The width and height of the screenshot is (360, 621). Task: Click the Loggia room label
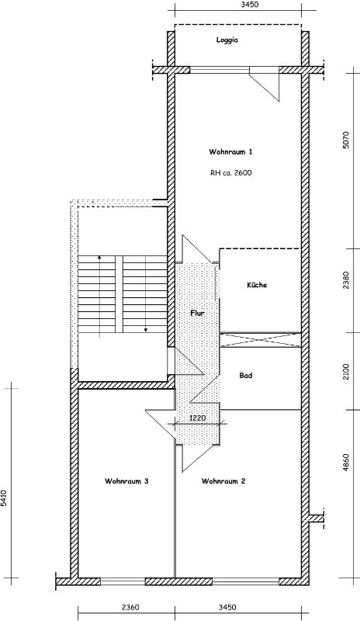coord(227,40)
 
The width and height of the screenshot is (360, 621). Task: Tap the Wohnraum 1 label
coord(230,151)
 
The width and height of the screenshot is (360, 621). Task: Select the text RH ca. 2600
coord(231,172)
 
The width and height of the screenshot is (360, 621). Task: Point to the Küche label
coord(257,285)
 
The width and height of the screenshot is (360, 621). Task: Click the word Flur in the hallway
coord(197,313)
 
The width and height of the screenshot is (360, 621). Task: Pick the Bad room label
coord(245,375)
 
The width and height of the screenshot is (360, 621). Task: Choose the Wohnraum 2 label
coord(223,481)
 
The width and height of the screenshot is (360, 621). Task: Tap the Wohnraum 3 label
coord(126,481)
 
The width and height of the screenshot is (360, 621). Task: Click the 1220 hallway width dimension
coord(198,418)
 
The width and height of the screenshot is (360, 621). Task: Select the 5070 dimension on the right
coord(347,140)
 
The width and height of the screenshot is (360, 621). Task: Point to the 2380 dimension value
coord(347,280)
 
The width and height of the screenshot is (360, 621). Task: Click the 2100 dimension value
coord(347,372)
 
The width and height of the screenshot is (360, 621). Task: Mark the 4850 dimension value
coord(347,462)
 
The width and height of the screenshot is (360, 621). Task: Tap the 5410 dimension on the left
coord(4,498)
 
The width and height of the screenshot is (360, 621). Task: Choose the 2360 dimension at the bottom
coord(130,607)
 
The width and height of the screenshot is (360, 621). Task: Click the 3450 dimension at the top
coord(250,5)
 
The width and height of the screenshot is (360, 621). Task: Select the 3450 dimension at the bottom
coord(227,607)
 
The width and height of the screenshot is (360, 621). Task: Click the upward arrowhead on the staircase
coord(99,257)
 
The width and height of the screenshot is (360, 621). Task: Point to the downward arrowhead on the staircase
coord(145,329)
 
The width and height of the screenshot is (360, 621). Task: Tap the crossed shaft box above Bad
coord(260,341)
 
